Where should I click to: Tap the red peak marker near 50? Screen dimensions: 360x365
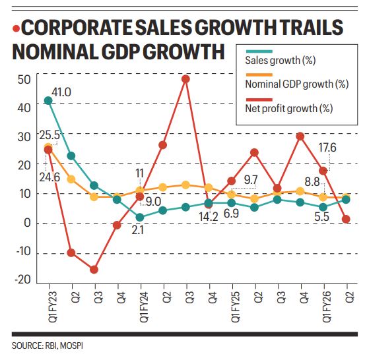pos(186,79)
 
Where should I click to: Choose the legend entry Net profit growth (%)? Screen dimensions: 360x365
pos(288,107)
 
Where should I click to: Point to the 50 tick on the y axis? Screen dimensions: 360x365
pos(24,80)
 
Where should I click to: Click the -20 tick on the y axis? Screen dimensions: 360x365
pos(22,281)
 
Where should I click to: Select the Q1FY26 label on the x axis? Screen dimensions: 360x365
pos(323,306)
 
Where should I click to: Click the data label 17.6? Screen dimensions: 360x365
pos(327,148)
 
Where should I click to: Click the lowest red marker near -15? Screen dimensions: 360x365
pos(94,269)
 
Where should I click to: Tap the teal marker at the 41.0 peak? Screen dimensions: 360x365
pos(48,100)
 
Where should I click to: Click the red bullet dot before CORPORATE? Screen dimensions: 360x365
pos(16,29)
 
